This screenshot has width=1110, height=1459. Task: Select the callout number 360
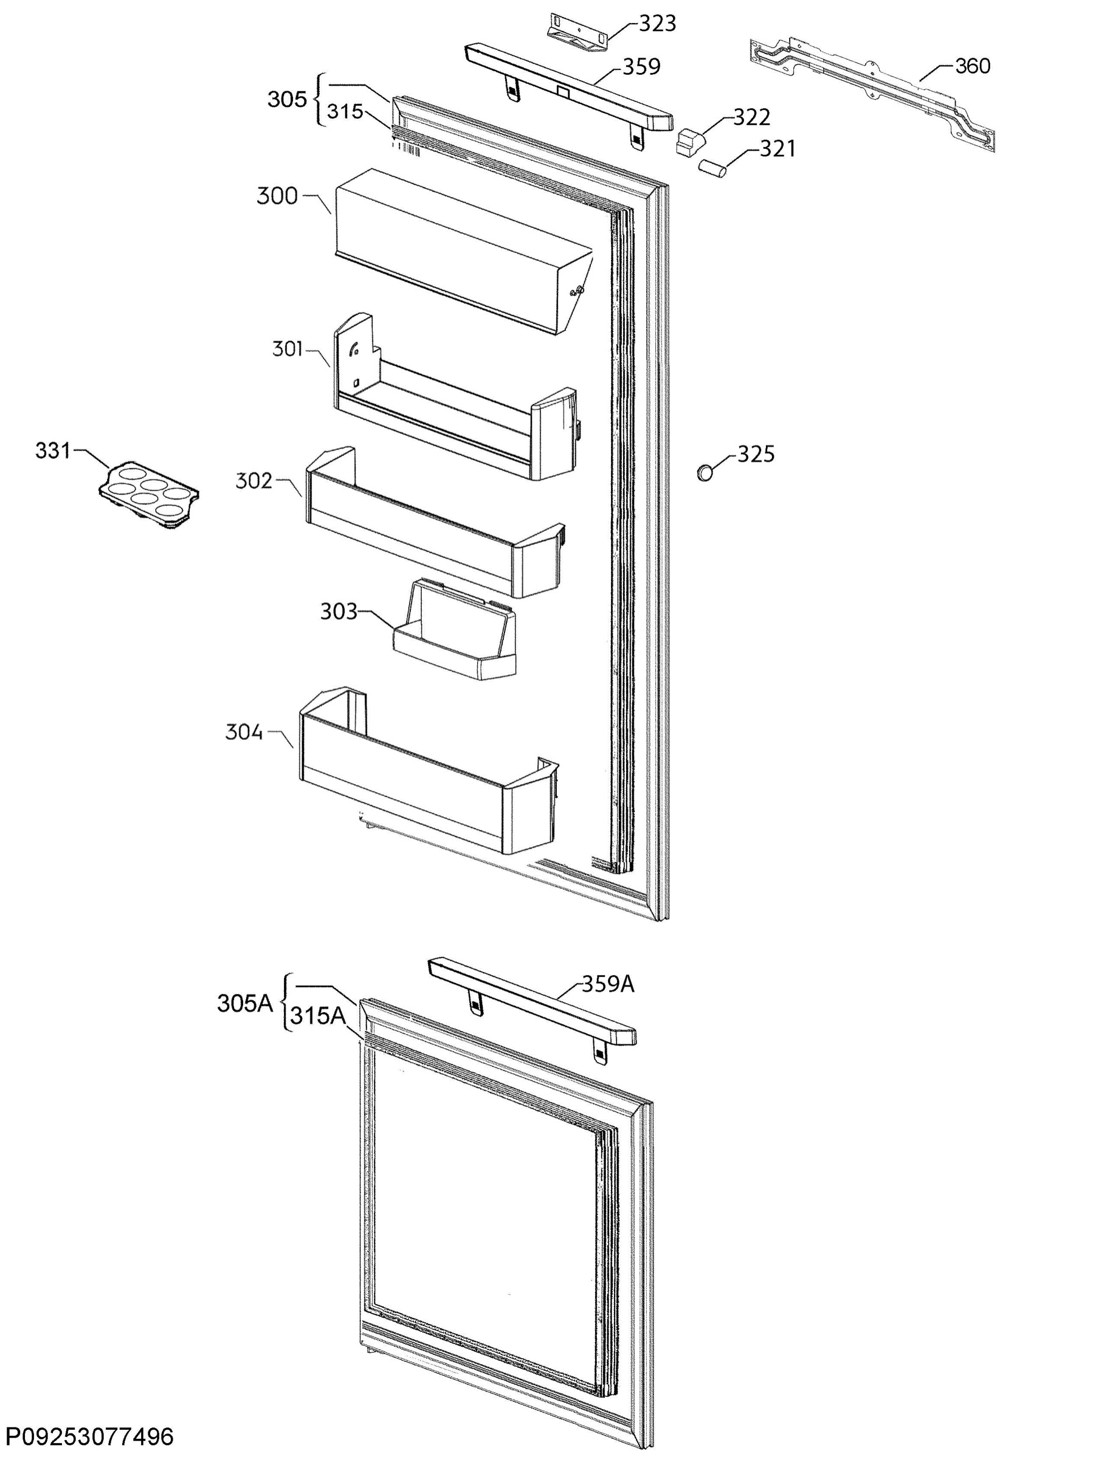973,66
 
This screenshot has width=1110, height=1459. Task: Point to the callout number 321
777,150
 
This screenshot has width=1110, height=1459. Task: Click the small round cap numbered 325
706,472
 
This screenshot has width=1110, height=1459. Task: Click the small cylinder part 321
713,166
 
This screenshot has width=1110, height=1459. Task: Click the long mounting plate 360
872,94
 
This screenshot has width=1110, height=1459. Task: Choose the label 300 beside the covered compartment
277,196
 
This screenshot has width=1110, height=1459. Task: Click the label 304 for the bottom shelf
244,732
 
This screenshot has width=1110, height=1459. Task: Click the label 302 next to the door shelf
253,481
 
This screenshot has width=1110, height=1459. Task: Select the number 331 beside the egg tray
53,451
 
